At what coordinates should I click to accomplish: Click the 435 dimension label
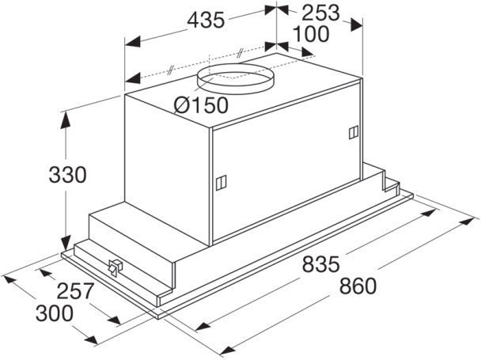pyautogui.click(x=206, y=21)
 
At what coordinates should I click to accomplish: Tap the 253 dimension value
pyautogui.click(x=320, y=13)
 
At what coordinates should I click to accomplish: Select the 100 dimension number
pyautogui.click(x=311, y=34)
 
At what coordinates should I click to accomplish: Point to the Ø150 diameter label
pyautogui.click(x=201, y=105)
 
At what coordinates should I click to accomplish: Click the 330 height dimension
pyautogui.click(x=68, y=175)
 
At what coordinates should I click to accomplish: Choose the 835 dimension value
pyautogui.click(x=321, y=264)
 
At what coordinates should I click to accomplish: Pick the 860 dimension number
pyautogui.click(x=358, y=286)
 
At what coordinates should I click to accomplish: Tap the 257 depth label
pyautogui.click(x=74, y=291)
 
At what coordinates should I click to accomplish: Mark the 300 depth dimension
pyautogui.click(x=55, y=313)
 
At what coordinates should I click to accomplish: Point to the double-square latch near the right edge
pyautogui.click(x=354, y=132)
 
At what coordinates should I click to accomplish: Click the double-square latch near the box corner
pyautogui.click(x=221, y=183)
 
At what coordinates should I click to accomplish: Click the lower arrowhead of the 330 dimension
pyautogui.click(x=66, y=244)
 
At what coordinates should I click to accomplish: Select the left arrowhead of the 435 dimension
pyautogui.click(x=133, y=42)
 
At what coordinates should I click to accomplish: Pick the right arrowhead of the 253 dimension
pyautogui.click(x=357, y=25)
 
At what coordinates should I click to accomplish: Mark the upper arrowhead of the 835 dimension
pyautogui.click(x=429, y=213)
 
